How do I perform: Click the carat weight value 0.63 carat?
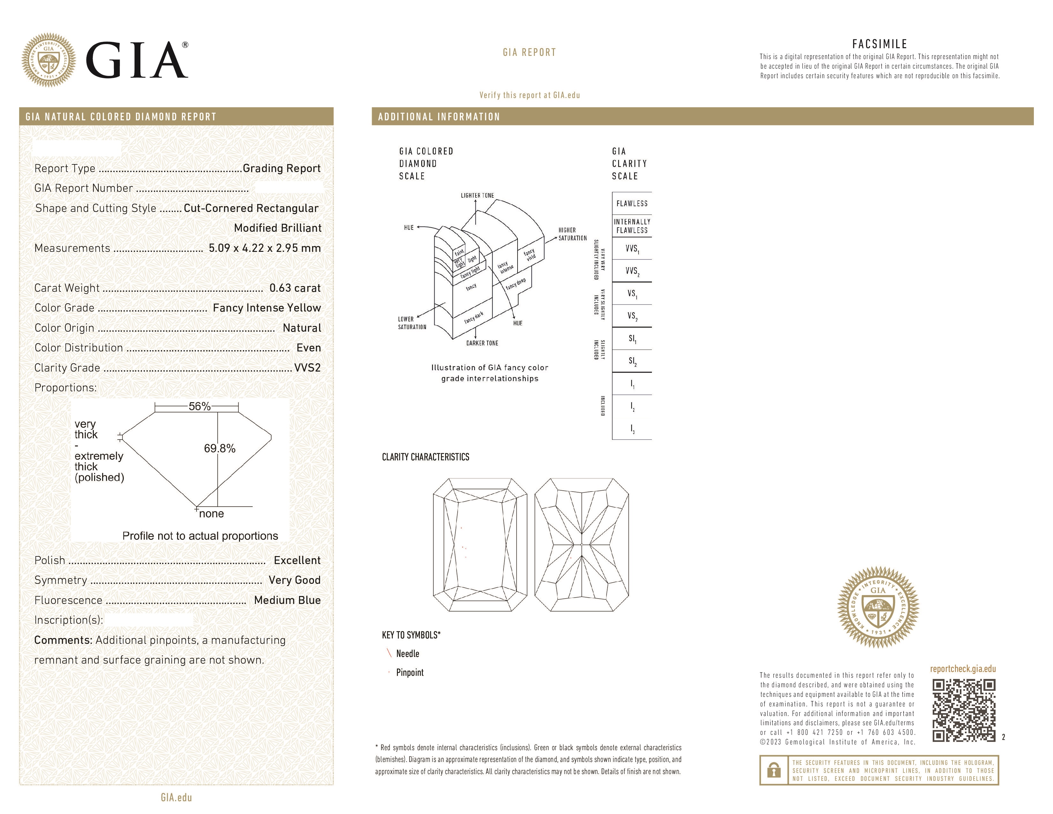[x=295, y=288]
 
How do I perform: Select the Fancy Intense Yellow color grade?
[x=267, y=308]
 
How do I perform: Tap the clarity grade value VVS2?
[x=307, y=367]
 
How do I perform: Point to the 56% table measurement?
[x=200, y=406]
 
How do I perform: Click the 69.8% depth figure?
[x=220, y=448]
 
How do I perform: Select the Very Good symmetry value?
[x=294, y=580]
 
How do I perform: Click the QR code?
[x=963, y=710]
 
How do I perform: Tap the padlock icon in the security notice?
[x=773, y=770]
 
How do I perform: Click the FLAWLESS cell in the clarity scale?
[x=631, y=204]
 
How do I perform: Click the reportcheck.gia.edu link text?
[x=962, y=669]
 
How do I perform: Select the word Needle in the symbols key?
[x=407, y=653]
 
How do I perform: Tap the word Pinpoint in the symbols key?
[x=409, y=672]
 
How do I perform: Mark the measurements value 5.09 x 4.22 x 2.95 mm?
[x=264, y=248]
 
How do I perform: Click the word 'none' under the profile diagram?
[x=211, y=514]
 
